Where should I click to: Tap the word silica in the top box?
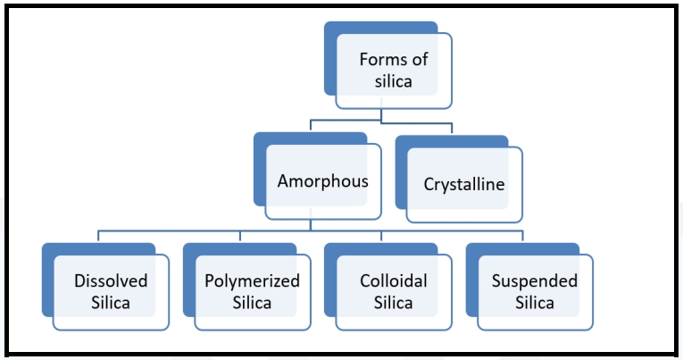coord(393,81)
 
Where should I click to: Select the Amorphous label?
coord(322,180)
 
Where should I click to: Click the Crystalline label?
coord(463,185)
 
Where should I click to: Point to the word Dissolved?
coord(111,280)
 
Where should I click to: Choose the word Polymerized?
coord(252,280)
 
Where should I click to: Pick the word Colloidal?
coord(394,280)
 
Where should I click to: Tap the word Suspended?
coord(534,280)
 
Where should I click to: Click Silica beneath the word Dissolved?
coord(111,302)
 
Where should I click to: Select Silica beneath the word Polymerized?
coord(252,302)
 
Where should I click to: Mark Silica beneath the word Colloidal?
coord(394,302)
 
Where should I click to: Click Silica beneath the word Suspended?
coord(534,302)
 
